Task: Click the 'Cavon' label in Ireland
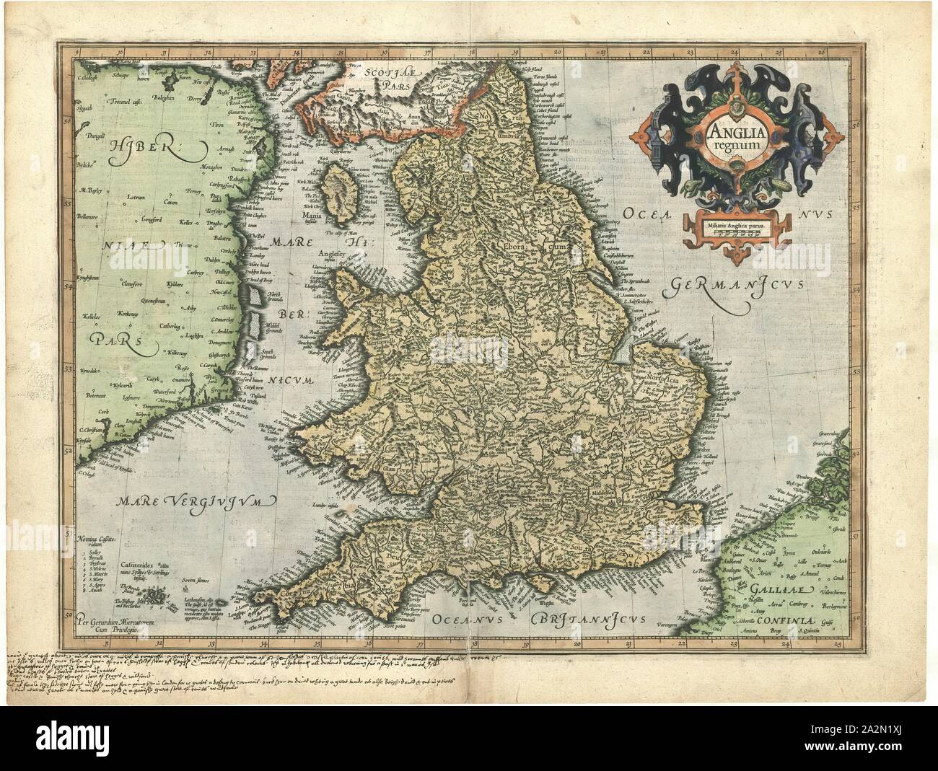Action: (170, 203)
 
